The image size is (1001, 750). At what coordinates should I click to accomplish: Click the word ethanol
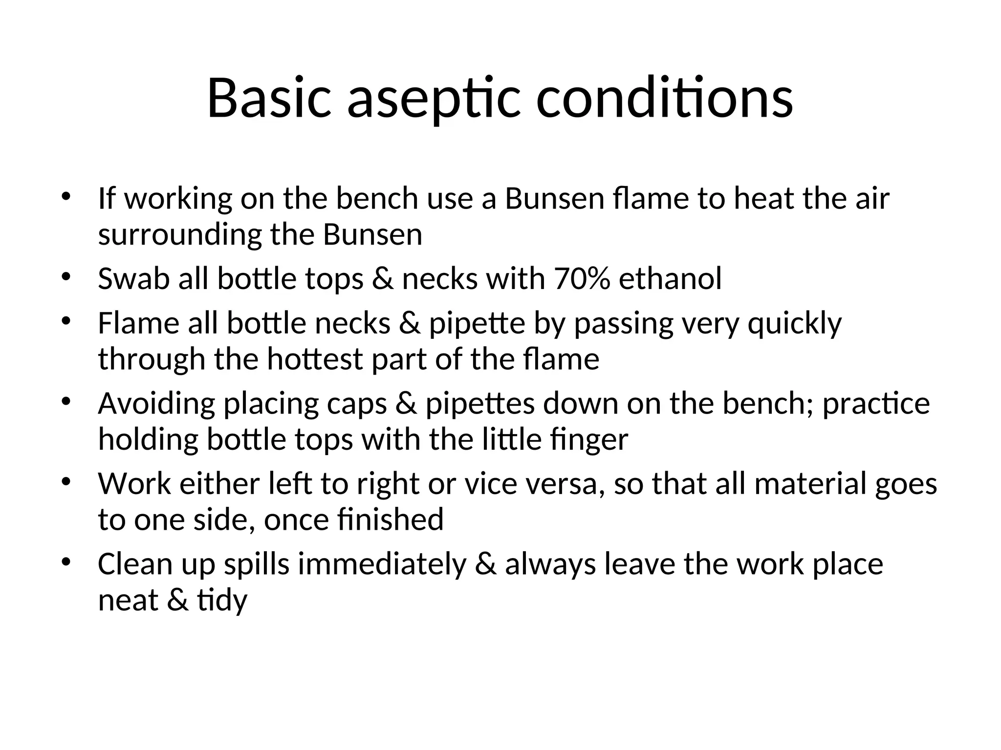tap(670, 279)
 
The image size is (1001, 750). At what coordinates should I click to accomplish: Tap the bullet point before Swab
tap(66, 277)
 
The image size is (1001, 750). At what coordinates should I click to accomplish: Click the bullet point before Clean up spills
tap(66, 562)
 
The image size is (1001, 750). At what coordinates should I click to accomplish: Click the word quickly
tap(795, 324)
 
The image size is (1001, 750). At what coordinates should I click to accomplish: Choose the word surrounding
tap(180, 235)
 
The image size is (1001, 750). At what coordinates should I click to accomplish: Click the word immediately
tap(382, 564)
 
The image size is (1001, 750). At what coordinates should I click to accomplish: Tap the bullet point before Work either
tap(66, 482)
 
